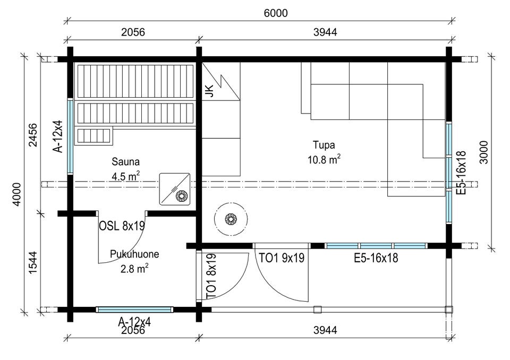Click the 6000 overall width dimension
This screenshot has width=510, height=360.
[276, 13]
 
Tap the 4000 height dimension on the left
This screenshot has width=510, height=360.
[16, 194]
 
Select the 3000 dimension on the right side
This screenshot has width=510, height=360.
[484, 152]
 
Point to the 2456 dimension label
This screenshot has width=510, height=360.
[33, 135]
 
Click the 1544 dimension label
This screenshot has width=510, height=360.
[33, 262]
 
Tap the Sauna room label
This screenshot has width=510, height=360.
[125, 161]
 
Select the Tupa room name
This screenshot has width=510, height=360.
[324, 145]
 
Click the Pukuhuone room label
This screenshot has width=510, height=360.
[134, 254]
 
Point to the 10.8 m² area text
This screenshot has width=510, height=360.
[324, 159]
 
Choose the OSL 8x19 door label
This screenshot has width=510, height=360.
[122, 226]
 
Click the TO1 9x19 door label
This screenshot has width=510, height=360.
[282, 258]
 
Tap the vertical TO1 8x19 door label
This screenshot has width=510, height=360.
[211, 277]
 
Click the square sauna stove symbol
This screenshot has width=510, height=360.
[175, 189]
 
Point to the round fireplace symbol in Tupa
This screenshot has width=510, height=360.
[231, 219]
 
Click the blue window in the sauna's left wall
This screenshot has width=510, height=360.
[70, 136]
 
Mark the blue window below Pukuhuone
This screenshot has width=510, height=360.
[134, 310]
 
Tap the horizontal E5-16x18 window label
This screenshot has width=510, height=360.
[376, 258]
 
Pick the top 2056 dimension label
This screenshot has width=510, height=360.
[133, 32]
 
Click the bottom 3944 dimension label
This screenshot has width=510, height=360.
[325, 330]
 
